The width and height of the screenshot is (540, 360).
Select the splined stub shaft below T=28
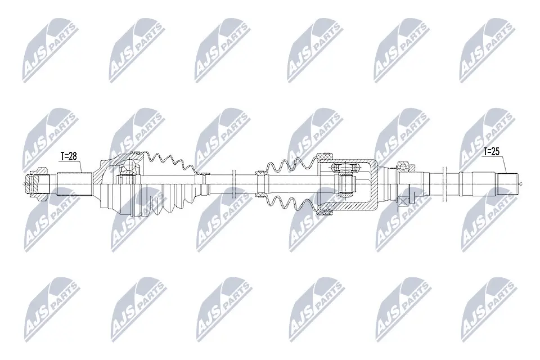pos(75,183)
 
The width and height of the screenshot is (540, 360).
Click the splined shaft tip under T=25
pos(510,183)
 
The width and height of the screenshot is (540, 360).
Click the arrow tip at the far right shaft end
pos(522,183)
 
